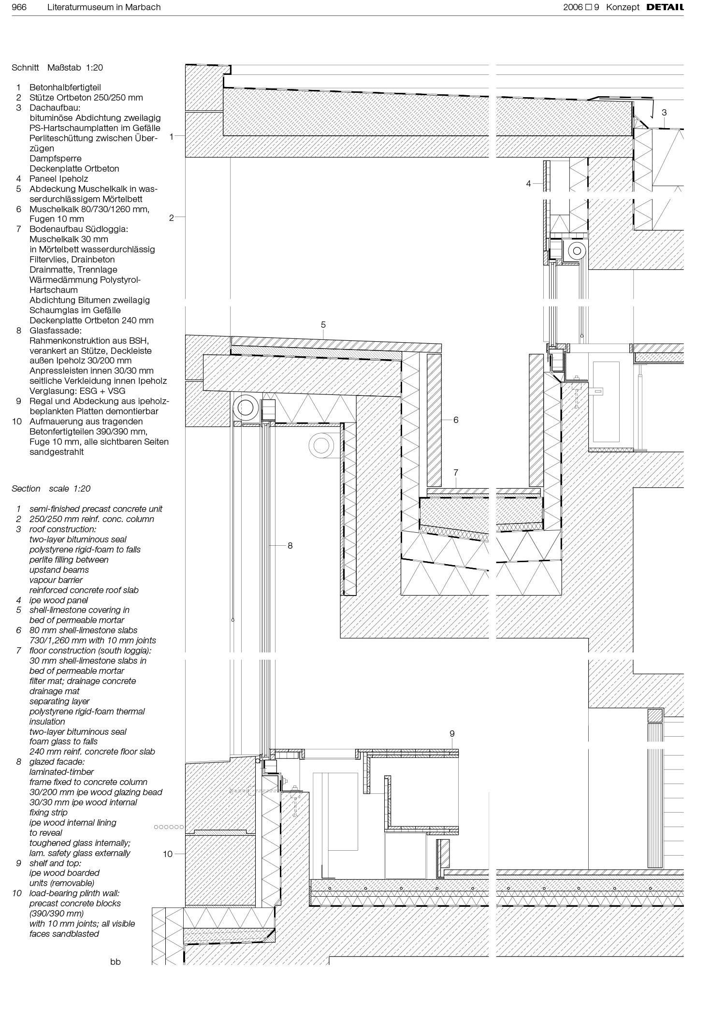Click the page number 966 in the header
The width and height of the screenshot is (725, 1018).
[19, 7]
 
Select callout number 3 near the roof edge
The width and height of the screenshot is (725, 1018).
[664, 112]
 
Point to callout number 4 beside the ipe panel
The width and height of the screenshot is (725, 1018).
[528, 183]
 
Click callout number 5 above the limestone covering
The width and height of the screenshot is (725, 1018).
[323, 325]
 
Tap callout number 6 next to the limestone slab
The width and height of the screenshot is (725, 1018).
[455, 420]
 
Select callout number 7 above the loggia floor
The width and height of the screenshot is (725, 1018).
[455, 473]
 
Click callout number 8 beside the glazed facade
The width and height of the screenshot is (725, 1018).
[290, 545]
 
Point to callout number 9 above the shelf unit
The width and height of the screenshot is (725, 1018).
[452, 733]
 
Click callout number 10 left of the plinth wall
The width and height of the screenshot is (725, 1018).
[167, 854]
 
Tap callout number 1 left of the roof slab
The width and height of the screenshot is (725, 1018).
[171, 137]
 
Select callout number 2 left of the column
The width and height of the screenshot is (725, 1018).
[171, 218]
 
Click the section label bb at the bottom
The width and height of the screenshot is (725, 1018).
[115, 962]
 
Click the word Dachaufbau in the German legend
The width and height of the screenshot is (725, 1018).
[55, 108]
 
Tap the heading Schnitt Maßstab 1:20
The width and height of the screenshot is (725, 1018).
[57, 68]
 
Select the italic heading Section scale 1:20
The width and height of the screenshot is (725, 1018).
[51, 489]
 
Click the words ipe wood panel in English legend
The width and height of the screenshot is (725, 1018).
[58, 600]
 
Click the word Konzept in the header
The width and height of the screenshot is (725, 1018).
[623, 7]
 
